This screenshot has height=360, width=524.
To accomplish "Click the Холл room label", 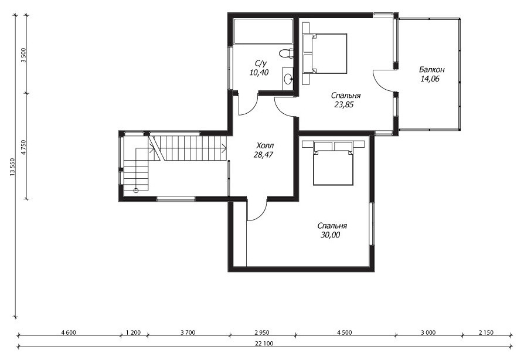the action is (265, 146).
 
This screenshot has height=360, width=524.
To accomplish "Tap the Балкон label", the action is (432, 70).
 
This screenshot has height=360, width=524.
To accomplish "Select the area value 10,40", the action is (259, 72).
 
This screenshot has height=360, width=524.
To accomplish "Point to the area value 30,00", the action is (331, 235).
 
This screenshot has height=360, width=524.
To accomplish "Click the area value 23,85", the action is (344, 104).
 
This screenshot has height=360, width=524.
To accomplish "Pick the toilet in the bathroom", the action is (286, 53).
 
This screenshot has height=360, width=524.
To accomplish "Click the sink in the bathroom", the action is (288, 79).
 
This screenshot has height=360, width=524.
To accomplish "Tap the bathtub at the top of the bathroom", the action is (263, 32).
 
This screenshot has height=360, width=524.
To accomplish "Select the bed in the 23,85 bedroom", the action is (325, 53).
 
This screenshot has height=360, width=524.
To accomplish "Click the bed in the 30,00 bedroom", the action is (333, 163).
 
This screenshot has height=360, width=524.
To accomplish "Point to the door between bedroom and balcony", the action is (384, 80).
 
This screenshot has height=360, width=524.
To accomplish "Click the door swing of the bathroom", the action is (247, 104).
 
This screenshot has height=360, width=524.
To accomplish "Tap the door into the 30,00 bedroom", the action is (257, 210).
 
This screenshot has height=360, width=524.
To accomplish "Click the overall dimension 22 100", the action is (264, 343).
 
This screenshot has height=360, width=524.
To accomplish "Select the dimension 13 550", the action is (12, 167).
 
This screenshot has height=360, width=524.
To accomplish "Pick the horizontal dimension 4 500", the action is (345, 332).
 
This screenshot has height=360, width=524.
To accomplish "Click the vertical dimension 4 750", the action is (23, 146).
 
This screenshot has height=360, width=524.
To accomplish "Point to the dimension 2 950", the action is (261, 332).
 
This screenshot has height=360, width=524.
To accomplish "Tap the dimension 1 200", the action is (133, 332).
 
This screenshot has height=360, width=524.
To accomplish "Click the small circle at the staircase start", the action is (135, 191).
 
